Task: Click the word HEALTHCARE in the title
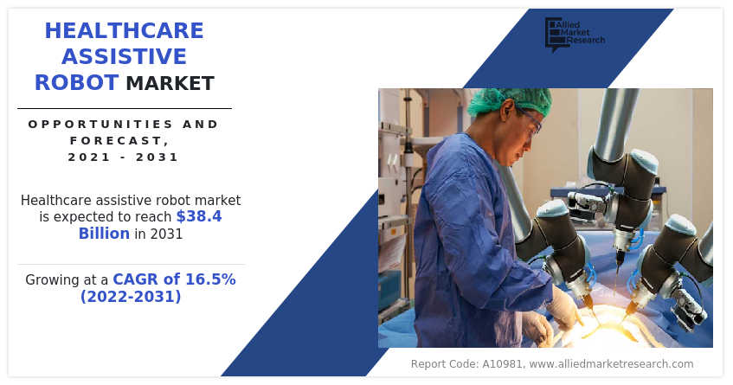tap(125, 31)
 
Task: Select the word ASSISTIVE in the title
tap(125, 57)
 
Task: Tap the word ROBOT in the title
tap(76, 83)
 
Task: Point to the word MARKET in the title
tap(170, 84)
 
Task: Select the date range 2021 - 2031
tap(124, 157)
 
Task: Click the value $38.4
tap(198, 216)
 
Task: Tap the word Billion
tap(104, 234)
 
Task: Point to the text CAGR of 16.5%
tap(174, 279)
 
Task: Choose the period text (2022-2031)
tap(131, 297)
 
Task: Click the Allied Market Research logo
tap(574, 35)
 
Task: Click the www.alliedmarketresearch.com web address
tap(611, 364)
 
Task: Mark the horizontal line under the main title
tap(125, 108)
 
